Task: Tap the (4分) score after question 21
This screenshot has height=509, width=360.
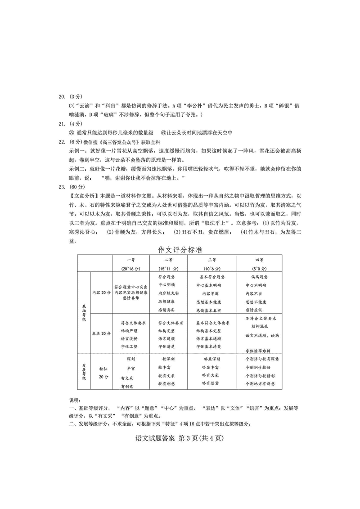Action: click(77, 123)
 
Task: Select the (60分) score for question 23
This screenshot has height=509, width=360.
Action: click(78, 187)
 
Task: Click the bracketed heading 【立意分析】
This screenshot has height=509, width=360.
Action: click(84, 196)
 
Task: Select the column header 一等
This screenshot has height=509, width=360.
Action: click(130, 260)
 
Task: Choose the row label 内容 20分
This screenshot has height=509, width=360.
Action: click(101, 292)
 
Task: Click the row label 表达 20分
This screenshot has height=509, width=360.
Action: click(101, 333)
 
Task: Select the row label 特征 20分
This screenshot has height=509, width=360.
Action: click(103, 372)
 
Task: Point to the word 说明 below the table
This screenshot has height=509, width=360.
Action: click(74, 400)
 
